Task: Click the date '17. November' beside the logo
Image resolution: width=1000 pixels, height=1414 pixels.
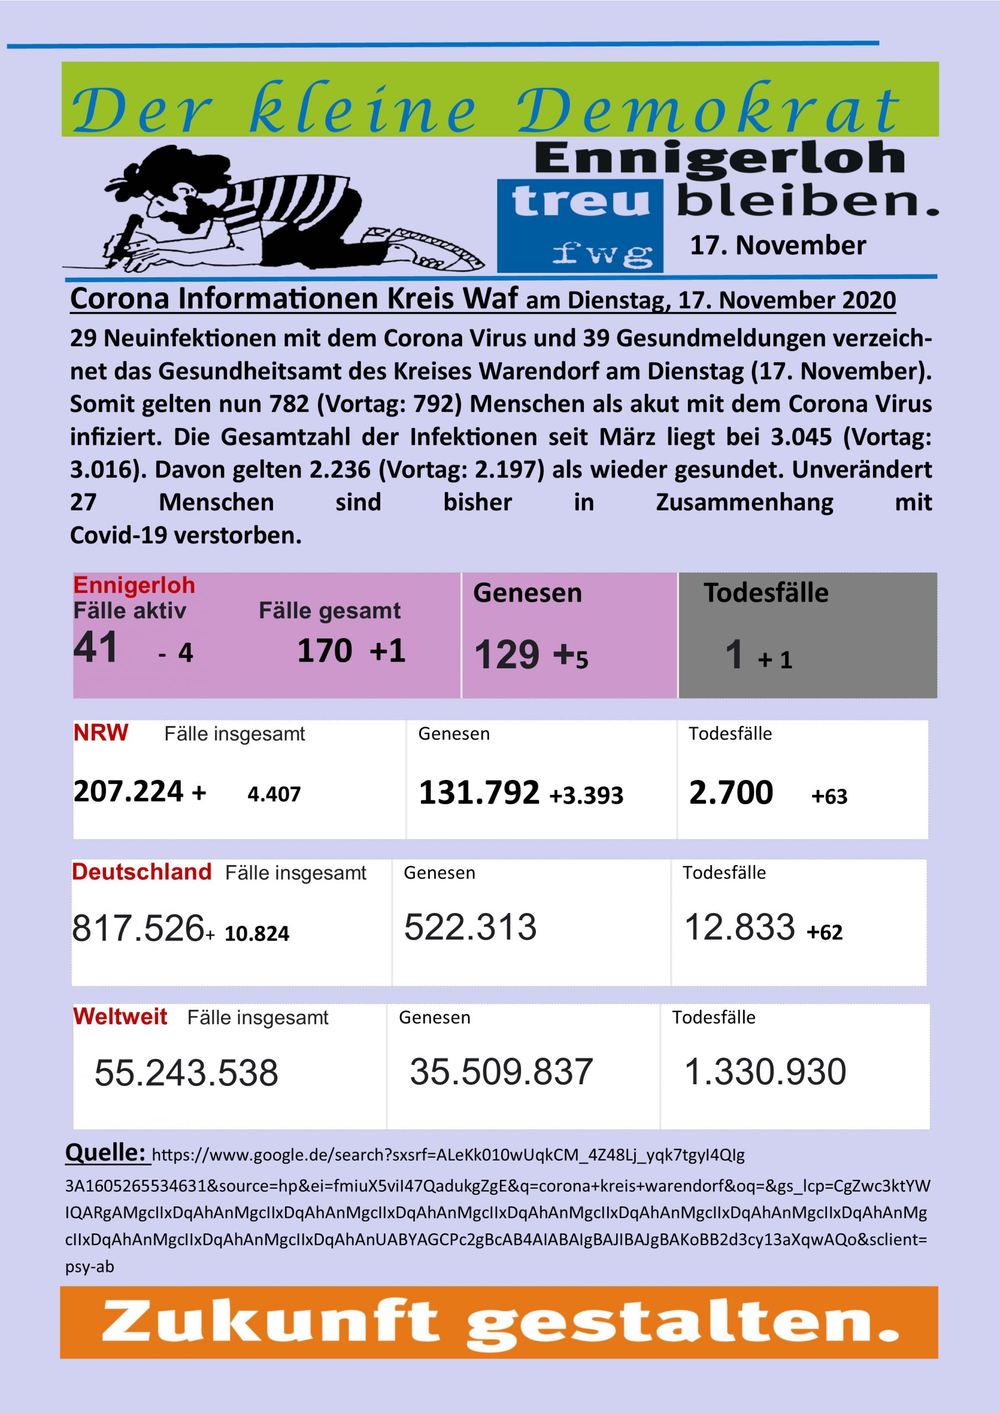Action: (777, 245)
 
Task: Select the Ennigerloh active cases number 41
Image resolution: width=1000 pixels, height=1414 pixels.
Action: (96, 648)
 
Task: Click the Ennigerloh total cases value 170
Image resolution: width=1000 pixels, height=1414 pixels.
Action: (325, 650)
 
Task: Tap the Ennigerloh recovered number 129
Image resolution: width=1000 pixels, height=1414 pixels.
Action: (507, 654)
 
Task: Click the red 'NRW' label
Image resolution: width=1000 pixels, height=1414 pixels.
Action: (101, 733)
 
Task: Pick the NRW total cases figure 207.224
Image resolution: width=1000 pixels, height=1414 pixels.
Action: (128, 792)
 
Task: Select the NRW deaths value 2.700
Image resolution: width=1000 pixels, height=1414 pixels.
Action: (731, 792)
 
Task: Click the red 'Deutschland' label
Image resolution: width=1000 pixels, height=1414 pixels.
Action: (142, 872)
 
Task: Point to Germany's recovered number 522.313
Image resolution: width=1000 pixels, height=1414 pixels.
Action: (470, 927)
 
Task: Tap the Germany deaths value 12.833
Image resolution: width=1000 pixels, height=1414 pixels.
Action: (739, 927)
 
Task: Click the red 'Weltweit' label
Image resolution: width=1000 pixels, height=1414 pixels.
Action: (120, 1016)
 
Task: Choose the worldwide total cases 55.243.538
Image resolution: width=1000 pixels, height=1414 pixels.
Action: (186, 1072)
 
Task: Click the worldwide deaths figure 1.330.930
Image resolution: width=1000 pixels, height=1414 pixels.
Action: (765, 1072)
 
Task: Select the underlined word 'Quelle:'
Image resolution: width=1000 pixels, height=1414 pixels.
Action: (106, 1152)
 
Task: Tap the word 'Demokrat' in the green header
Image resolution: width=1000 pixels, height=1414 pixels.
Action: (709, 111)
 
